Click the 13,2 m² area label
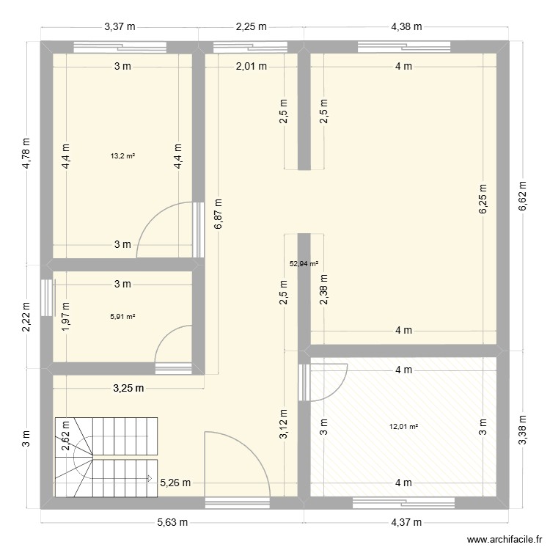(122, 155)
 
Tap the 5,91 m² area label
(122, 316)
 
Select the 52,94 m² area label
(304, 264)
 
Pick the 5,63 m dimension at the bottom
(172, 523)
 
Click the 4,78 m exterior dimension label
(27, 154)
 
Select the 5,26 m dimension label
(176, 483)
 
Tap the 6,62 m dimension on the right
(522, 197)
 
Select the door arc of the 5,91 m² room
(172, 344)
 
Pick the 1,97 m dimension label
(66, 316)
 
